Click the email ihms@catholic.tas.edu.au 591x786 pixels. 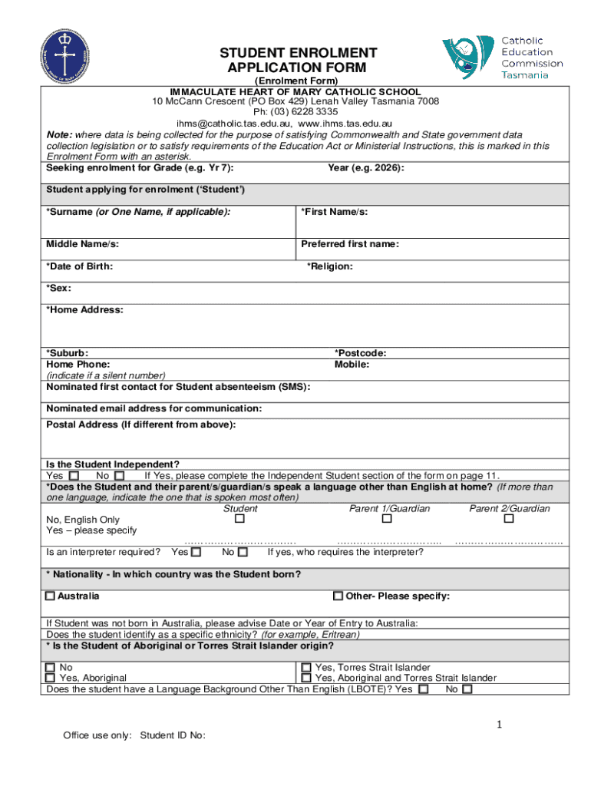(233, 123)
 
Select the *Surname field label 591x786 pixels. (138, 212)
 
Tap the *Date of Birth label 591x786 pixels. (80, 266)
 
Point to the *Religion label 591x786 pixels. (330, 266)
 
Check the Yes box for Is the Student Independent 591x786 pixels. (74, 476)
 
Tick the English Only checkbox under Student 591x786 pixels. (239, 520)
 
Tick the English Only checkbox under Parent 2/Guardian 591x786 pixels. (508, 520)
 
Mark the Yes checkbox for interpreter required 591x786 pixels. (196, 552)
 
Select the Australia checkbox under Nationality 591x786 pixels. (51, 596)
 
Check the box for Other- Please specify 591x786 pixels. (338, 596)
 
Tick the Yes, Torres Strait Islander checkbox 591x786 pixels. (306, 668)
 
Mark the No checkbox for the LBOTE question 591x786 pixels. (467, 689)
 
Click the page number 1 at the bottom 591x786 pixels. (498, 725)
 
